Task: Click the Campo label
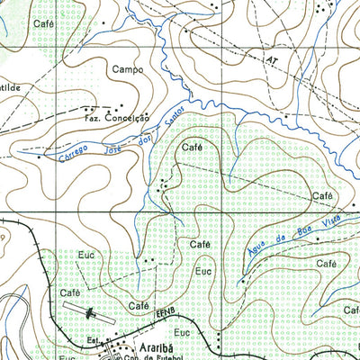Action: (128, 69)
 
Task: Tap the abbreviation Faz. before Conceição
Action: (91, 117)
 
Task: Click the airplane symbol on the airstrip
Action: (91, 314)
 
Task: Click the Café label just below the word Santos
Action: (190, 147)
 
